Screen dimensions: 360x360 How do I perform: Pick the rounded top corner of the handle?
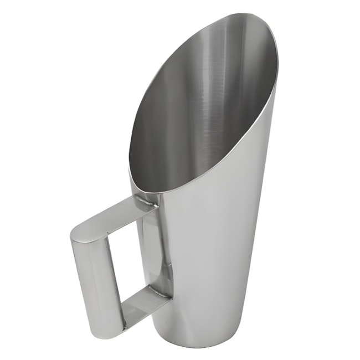78,233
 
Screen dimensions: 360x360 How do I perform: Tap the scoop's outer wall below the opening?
210,249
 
